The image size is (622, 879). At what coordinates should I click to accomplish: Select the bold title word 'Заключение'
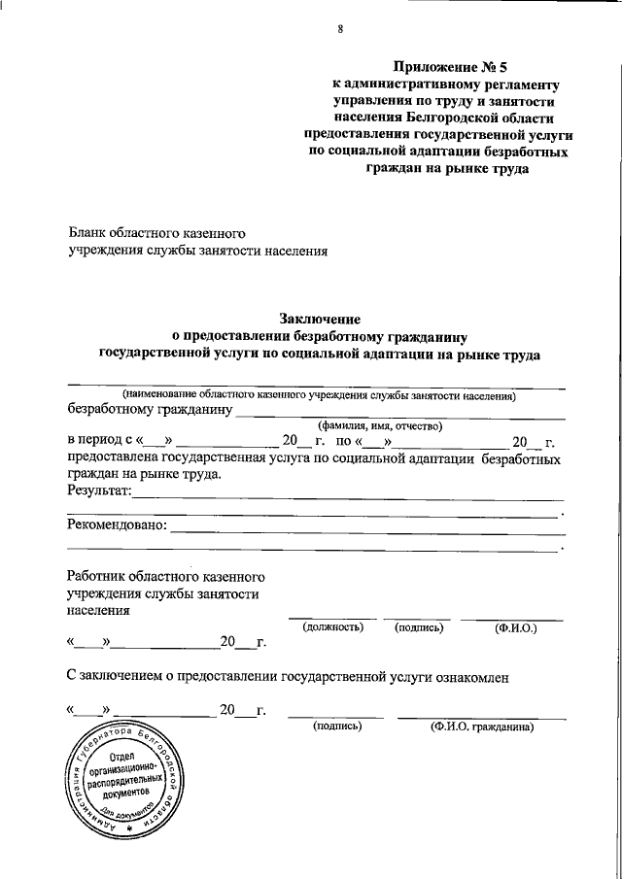pos(321,319)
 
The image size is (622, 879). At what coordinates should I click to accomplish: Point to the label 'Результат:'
pos(99,492)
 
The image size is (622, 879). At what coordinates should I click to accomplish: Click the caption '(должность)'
pos(332,628)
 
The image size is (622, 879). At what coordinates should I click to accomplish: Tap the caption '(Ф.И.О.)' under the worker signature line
pos(516,628)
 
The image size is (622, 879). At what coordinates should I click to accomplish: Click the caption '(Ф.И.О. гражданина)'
pos(483,726)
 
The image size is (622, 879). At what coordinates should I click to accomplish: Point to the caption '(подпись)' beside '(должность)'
pos(419,628)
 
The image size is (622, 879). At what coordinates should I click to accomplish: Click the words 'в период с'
pos(101,441)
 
